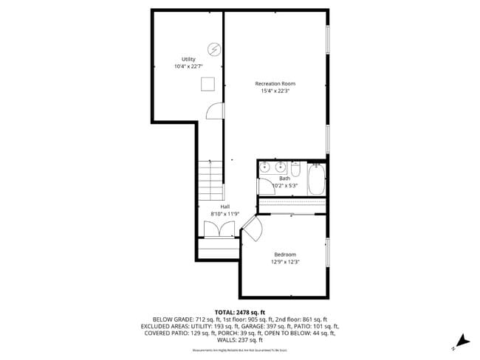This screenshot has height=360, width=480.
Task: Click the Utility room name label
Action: (189, 59)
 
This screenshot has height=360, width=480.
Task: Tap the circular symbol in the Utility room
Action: (214, 49)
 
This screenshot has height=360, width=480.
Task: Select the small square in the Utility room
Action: (209, 84)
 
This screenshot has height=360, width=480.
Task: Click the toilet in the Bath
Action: (295, 171)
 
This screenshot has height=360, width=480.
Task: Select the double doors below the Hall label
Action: (215, 229)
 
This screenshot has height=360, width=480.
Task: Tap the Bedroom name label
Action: (285, 255)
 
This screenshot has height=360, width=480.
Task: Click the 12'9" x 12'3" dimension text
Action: (285, 262)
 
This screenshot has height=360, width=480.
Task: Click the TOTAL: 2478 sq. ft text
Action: (240, 313)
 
